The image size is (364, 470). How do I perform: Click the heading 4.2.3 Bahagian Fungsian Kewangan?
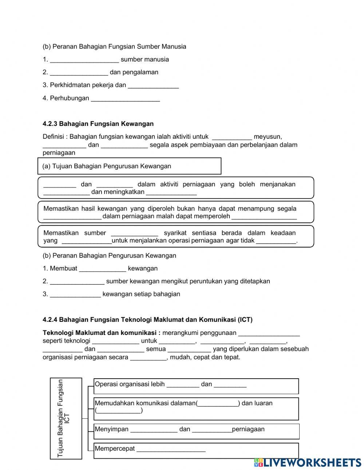[x=98, y=124]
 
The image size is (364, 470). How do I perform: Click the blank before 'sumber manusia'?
[x=84, y=59]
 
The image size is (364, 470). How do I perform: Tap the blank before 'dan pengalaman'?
[x=79, y=72]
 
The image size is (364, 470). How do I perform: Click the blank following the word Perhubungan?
[x=125, y=98]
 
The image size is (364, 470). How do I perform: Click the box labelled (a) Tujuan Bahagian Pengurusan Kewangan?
[x=129, y=166]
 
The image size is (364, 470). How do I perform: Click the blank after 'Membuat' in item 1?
[x=102, y=268]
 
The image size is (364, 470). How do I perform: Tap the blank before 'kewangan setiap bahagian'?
[x=75, y=294]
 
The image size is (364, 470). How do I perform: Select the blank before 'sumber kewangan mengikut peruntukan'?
[x=77, y=281]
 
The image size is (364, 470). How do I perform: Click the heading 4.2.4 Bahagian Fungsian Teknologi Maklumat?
[x=147, y=320]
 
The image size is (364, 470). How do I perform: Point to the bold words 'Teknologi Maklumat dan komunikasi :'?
[x=102, y=333]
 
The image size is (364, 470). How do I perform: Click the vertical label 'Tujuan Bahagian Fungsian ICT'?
[x=65, y=418]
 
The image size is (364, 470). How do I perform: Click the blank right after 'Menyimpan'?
[x=154, y=429]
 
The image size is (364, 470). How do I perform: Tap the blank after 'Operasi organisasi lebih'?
[x=183, y=384]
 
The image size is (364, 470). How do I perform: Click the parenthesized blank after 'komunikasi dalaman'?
[x=218, y=403]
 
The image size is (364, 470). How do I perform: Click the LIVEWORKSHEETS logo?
[x=308, y=462]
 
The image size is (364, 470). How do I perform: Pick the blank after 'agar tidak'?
[x=276, y=241]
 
